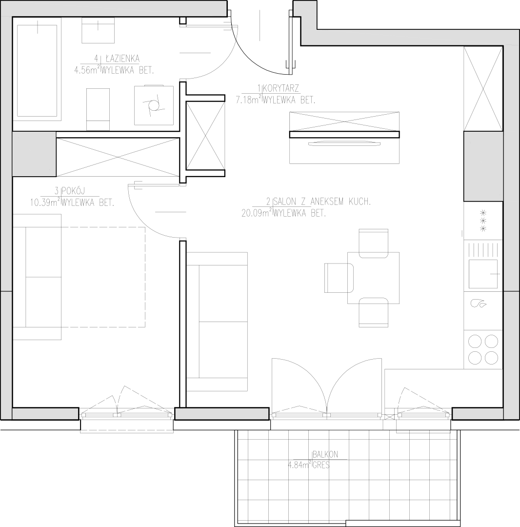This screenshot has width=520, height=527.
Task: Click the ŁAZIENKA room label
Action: click(x=122, y=59)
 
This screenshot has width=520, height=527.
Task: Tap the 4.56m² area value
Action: click(x=87, y=70)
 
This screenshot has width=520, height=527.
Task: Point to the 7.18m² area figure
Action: click(x=249, y=100)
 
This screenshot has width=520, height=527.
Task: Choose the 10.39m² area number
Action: click(x=45, y=203)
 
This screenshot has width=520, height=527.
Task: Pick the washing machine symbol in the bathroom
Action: click(x=154, y=105)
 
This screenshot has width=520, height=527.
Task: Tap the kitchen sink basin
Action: click(x=483, y=274)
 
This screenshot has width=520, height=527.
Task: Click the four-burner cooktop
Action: click(x=483, y=349)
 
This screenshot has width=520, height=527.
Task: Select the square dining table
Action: click(x=373, y=278)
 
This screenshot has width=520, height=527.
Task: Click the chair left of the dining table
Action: click(x=339, y=278)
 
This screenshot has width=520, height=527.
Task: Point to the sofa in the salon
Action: click(x=217, y=322)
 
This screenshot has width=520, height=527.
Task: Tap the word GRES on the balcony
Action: click(x=321, y=466)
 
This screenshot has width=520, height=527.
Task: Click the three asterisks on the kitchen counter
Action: click(x=483, y=221)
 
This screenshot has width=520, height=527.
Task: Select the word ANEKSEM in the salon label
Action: click(x=328, y=202)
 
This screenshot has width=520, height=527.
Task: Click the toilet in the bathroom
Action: click(x=98, y=109)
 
